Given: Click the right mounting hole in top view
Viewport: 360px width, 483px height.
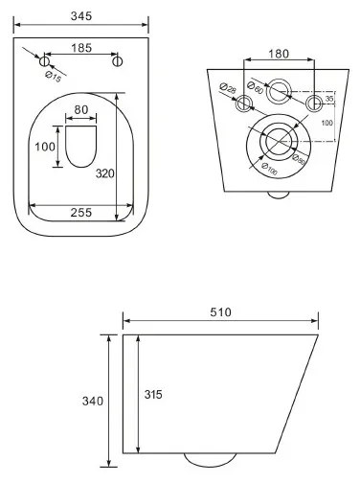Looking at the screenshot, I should pyautogui.click(x=119, y=62).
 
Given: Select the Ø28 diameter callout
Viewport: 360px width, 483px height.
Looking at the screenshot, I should pyautogui.click(x=227, y=93).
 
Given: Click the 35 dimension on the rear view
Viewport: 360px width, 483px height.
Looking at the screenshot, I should pyautogui.click(x=328, y=100).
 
